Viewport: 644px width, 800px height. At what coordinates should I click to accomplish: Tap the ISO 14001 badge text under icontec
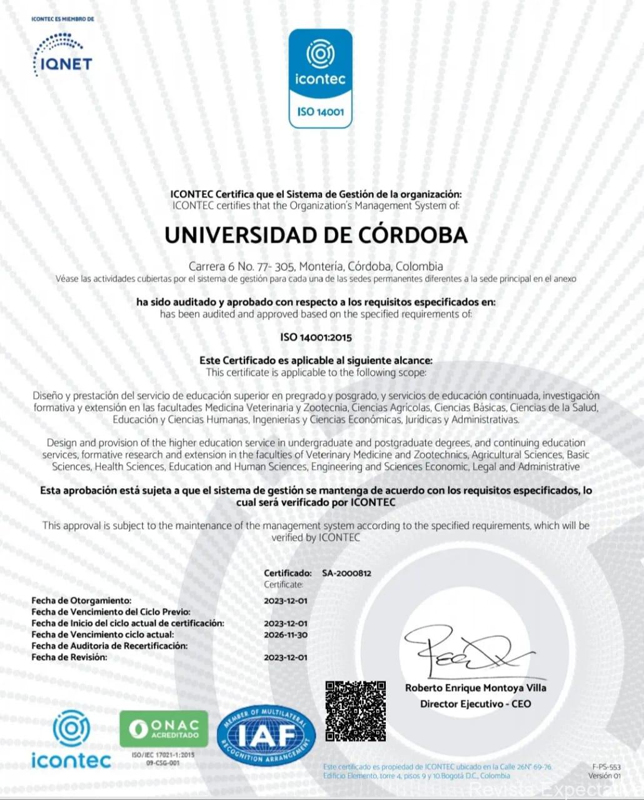321,112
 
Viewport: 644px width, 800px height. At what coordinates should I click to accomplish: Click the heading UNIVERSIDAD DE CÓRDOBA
316,235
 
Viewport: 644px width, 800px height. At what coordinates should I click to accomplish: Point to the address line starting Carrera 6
316,266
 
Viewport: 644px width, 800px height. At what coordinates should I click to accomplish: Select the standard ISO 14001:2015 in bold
316,337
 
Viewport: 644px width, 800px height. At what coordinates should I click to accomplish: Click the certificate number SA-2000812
346,573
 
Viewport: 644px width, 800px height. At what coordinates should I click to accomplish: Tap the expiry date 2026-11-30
286,635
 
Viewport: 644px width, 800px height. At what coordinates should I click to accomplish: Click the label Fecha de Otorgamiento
81,601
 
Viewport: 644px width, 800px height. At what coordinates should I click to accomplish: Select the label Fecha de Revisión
69,657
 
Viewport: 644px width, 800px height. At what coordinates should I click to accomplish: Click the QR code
355,711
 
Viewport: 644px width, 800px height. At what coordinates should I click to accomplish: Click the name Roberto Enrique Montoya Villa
475,688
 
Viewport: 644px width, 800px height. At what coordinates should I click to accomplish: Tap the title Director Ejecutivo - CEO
475,704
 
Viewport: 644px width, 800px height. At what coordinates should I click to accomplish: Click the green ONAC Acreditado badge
164,729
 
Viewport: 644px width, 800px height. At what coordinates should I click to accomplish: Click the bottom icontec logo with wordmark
71,741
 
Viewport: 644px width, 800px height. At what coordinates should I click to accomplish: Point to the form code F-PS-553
606,767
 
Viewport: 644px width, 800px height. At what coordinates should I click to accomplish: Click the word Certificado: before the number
288,573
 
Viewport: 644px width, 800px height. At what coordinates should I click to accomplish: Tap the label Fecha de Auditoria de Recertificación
109,646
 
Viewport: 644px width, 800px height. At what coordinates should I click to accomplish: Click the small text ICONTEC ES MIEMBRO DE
63,19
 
